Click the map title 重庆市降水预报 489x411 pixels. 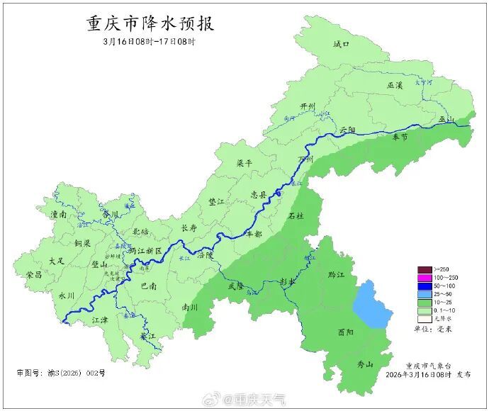[150, 23]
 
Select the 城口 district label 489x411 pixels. [342, 45]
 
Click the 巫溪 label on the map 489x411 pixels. [395, 85]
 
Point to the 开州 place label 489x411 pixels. [307, 106]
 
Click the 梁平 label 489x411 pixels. [244, 162]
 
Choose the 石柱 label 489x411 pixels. [296, 216]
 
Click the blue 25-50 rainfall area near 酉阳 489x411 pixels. [371, 304]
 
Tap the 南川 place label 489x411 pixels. [190, 308]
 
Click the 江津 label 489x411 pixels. [101, 320]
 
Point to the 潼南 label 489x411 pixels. [58, 213]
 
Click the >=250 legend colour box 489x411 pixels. [424, 269]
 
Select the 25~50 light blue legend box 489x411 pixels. [424, 293]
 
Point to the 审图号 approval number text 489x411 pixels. [61, 373]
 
